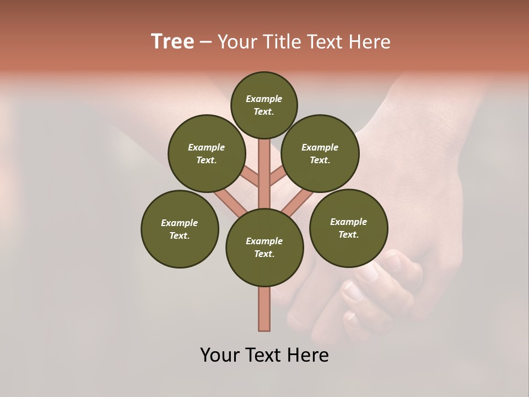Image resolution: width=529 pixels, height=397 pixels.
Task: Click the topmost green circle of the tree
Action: pos(264,105)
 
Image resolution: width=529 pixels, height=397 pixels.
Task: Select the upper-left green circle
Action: pos(207,153)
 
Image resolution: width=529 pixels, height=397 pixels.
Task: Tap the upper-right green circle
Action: pos(320,153)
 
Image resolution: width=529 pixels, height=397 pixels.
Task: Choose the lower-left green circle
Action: pos(180,229)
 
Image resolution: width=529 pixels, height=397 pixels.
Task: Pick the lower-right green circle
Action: pos(348,228)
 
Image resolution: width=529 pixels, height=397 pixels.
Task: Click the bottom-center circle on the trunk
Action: pos(264,248)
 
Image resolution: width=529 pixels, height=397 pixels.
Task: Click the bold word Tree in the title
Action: pos(172,41)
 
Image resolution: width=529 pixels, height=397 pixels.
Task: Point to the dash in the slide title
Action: pos(206,42)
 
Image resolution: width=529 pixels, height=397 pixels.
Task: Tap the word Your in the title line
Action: pos(238,42)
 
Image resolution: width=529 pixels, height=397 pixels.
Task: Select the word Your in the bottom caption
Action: pos(220,355)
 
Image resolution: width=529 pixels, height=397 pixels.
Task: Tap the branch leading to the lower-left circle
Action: pos(230,203)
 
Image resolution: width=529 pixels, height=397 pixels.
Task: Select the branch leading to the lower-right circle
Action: pos(298,202)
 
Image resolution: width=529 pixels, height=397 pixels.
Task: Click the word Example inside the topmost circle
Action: pos(264,99)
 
